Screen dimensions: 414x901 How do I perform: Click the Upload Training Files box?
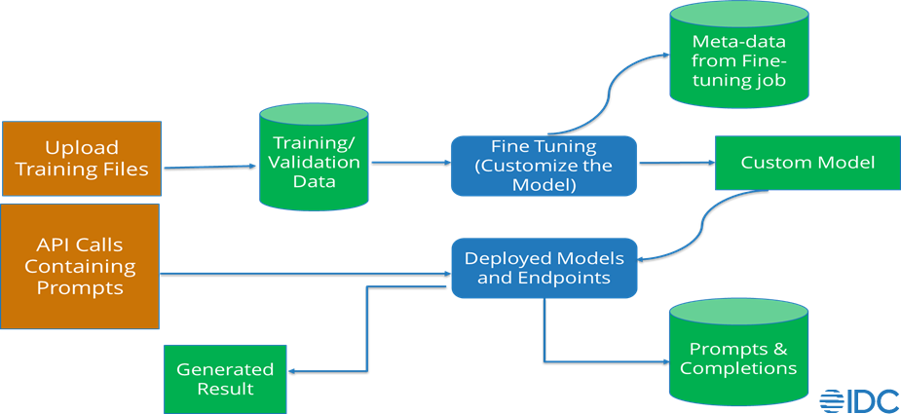click(81, 159)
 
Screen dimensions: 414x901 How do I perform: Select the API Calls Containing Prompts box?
click(80, 266)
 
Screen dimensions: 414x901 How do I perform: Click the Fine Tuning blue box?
click(544, 165)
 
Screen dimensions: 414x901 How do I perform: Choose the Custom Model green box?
click(807, 163)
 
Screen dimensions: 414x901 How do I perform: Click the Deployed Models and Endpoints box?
click(544, 268)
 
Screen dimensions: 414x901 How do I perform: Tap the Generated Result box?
click(225, 379)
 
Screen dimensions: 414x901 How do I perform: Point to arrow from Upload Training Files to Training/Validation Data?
click(209, 168)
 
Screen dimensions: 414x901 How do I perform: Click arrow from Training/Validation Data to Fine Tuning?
click(409, 164)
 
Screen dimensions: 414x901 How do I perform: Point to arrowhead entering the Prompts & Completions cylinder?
click(662, 362)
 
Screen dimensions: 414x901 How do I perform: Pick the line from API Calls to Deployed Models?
click(302, 273)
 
